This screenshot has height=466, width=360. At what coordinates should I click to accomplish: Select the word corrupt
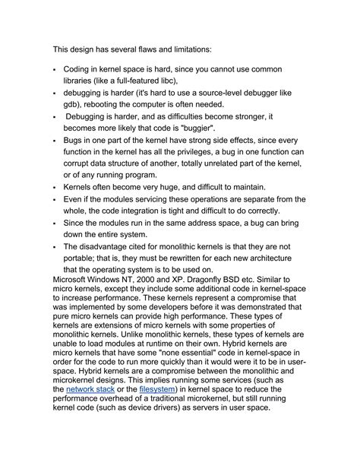pos(81,163)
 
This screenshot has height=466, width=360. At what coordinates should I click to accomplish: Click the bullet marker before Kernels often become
pos(55,188)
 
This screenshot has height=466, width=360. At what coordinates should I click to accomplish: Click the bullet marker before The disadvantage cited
pos(55,247)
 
